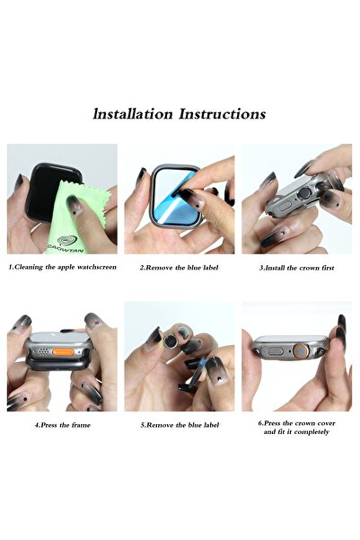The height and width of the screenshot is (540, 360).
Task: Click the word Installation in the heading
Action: (x=133, y=114)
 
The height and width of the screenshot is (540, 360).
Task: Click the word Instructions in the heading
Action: (x=223, y=114)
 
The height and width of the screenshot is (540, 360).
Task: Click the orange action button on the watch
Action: (x=63, y=352)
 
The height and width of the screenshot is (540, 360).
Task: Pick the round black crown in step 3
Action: (x=304, y=194)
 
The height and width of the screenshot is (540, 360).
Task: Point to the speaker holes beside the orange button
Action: (x=43, y=351)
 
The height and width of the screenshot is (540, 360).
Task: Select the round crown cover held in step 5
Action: (x=171, y=341)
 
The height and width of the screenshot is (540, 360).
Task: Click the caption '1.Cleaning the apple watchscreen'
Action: (x=62, y=267)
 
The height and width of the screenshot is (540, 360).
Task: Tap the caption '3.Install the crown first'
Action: (x=296, y=268)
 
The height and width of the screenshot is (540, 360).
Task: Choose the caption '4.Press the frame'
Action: (x=62, y=425)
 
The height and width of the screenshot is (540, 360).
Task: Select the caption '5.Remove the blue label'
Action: (x=180, y=425)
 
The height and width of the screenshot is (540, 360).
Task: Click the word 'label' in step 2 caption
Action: (x=209, y=268)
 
